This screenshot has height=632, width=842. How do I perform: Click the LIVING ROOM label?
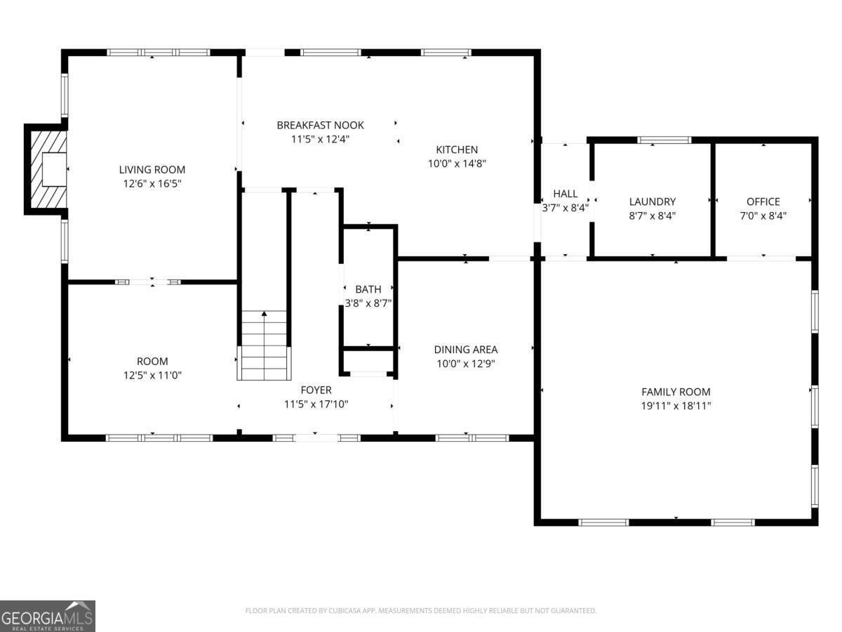[x=152, y=169]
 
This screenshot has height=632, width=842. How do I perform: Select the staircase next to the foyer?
[x=264, y=345]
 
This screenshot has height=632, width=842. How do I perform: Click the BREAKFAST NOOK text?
[x=320, y=125]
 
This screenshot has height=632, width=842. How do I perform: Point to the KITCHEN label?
[x=457, y=150]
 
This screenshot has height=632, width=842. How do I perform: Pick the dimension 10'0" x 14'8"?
[x=457, y=164]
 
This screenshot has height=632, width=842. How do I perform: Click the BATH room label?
[x=368, y=289]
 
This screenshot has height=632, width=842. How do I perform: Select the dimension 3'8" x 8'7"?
[x=368, y=303]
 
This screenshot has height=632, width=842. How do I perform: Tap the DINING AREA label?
[x=466, y=349]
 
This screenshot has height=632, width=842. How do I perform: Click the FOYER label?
[x=316, y=390]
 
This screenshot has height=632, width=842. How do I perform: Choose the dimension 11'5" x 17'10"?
[x=316, y=404]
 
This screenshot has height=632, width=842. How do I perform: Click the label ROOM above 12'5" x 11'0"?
[x=152, y=362]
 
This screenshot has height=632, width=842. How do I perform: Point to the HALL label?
[x=566, y=194]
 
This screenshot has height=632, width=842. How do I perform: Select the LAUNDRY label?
[x=652, y=202]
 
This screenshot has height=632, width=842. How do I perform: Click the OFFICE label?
[x=763, y=202]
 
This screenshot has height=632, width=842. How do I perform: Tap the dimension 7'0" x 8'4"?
[x=763, y=216]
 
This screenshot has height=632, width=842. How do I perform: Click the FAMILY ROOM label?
[x=676, y=392]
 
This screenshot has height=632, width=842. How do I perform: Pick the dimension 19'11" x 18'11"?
[x=676, y=406]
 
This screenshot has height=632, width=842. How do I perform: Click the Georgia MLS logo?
[x=47, y=616]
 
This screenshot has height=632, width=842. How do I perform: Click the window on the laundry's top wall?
[x=664, y=140]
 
